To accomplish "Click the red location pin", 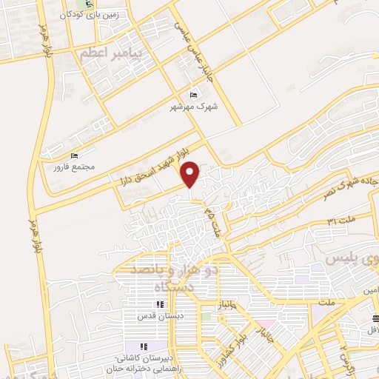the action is click(191, 174).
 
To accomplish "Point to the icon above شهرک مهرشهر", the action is click(194, 95).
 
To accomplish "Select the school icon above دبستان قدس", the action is click(158, 305).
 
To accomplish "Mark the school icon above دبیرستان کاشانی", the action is click(143, 346).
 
